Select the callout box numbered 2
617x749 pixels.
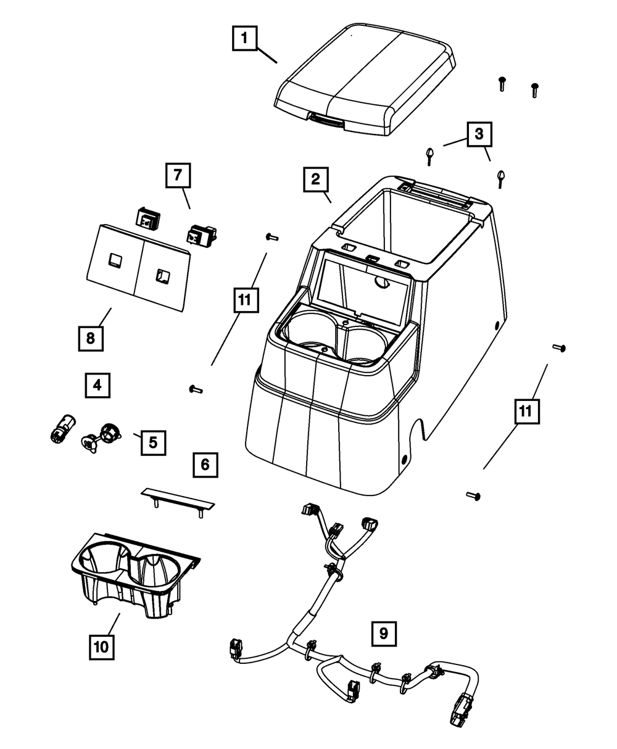[315, 180]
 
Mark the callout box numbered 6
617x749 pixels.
[205, 465]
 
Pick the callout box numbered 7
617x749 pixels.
[177, 175]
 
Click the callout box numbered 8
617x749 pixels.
[91, 338]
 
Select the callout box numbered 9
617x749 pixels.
[383, 632]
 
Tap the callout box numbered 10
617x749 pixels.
[101, 646]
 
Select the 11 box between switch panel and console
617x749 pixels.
[244, 301]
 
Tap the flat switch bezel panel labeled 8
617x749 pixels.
[137, 267]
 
